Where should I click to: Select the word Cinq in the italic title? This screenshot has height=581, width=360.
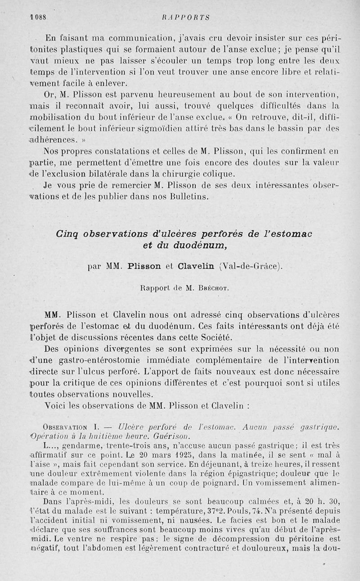tap(68, 234)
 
